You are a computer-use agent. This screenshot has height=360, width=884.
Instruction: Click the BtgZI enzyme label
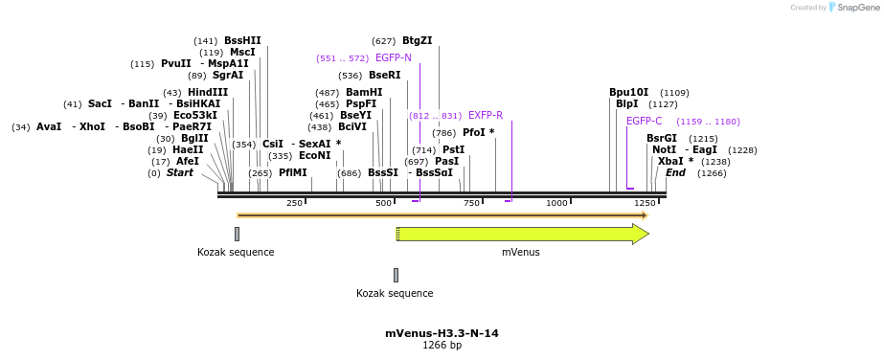417,41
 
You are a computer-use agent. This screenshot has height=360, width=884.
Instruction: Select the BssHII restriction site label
242,41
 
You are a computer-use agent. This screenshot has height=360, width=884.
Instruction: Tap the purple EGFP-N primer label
393,58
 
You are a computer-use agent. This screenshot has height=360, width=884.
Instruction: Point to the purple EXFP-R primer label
485,116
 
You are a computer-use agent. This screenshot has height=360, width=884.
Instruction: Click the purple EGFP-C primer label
644,122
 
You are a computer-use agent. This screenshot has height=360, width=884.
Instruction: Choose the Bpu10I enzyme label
628,93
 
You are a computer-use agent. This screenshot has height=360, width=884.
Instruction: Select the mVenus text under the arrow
520,253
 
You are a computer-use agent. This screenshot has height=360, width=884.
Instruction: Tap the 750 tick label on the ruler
471,203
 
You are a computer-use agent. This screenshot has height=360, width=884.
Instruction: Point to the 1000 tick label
556,203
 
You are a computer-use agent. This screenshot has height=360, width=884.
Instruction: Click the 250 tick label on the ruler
294,203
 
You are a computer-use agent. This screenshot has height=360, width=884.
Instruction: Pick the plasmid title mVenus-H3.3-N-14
442,333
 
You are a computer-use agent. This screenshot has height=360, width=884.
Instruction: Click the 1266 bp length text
442,346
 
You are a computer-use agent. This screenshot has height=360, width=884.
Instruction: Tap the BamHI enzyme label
363,93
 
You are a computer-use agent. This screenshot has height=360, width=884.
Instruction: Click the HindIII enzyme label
208,93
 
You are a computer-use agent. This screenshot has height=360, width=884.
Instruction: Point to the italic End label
675,173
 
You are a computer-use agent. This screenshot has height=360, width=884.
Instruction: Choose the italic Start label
179,173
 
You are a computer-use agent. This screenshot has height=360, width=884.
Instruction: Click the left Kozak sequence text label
236,253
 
